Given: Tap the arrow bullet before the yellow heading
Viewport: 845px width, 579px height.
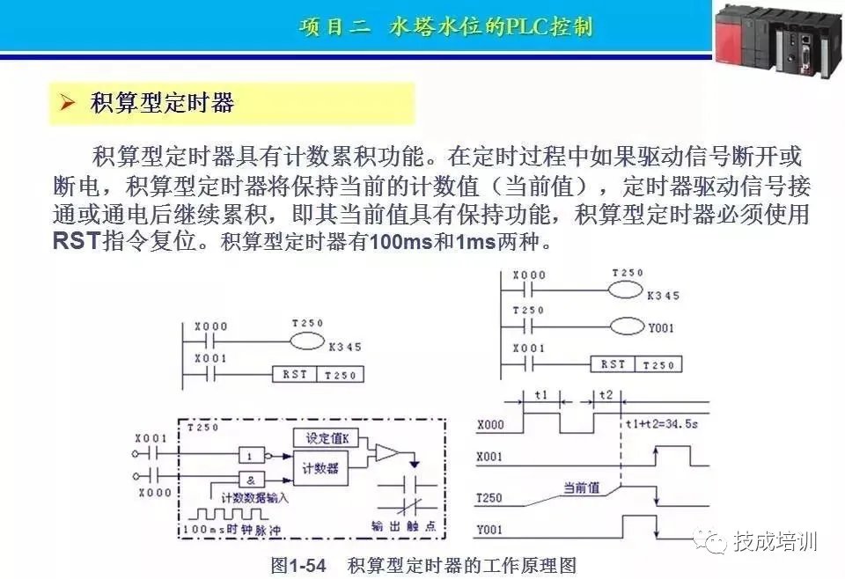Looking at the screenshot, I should (x=67, y=104).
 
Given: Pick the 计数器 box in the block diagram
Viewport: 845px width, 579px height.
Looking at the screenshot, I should (x=321, y=468).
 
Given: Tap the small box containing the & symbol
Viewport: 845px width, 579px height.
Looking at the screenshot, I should (x=251, y=480).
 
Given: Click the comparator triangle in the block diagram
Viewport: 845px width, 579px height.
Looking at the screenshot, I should (x=386, y=453).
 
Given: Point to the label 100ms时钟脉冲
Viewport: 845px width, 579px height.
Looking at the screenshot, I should (x=232, y=531).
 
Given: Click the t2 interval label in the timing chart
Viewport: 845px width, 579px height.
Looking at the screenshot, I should (x=606, y=396).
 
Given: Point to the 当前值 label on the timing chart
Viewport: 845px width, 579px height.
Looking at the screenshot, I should (x=581, y=487).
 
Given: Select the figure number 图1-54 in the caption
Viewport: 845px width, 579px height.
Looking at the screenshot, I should (x=298, y=564).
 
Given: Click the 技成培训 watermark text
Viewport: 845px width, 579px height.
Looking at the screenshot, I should (x=775, y=539).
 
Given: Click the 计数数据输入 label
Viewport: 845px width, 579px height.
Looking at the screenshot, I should (x=254, y=498).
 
